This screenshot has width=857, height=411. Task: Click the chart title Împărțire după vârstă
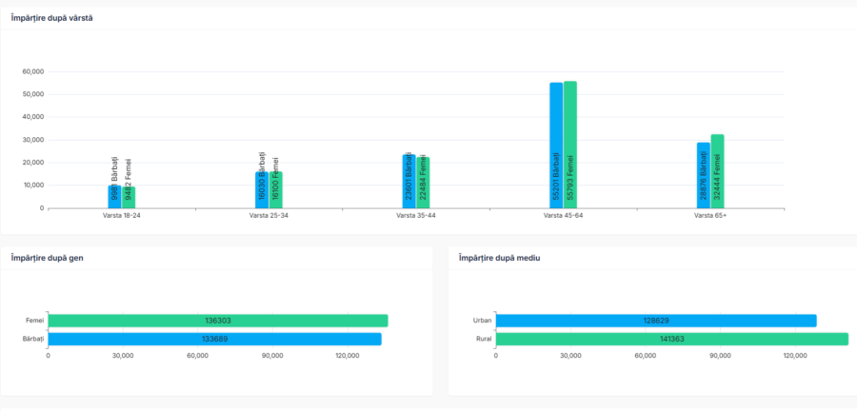coord(51,18)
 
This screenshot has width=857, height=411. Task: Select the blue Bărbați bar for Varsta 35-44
coord(409,181)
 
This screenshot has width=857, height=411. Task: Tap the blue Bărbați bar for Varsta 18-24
coord(114,197)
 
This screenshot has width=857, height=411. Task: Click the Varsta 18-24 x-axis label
coord(122,216)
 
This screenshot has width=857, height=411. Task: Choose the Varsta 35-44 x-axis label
coord(416,216)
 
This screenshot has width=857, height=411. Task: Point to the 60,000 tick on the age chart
coord(34,71)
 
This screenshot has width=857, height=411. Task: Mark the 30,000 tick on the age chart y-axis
coord(34,140)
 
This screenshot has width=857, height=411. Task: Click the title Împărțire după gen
coord(46,258)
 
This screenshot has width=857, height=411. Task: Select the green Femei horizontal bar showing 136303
coord(218,321)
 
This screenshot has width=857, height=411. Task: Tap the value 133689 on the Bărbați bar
coord(215,339)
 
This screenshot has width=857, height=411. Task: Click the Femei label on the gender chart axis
coord(35,321)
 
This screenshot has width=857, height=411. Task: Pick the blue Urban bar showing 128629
coord(656,321)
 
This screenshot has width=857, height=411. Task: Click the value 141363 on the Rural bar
coord(671,339)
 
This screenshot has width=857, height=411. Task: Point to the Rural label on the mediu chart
coord(483,339)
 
